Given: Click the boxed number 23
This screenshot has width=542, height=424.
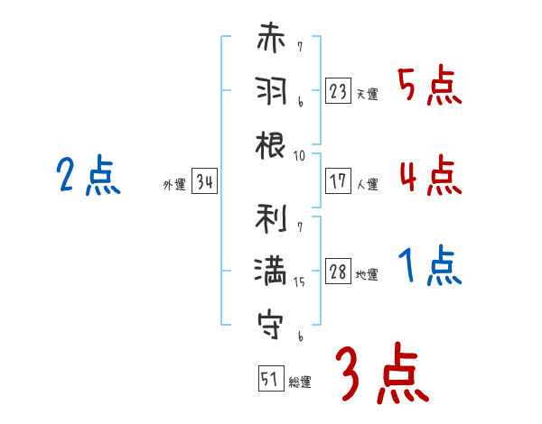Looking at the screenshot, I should pos(338,91).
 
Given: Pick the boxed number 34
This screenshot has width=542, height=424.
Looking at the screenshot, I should pos(204,183).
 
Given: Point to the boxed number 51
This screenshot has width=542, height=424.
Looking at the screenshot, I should pos(269,379).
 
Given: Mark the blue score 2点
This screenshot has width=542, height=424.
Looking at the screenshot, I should pos(89,175).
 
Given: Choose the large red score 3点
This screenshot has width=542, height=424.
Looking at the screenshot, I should pos(381,373).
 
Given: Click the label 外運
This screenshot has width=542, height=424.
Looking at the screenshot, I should pos(174,185).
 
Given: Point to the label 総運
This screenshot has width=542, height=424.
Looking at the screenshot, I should pos(299,383).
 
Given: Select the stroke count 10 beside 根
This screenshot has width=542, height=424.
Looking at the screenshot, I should pos(299,155).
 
